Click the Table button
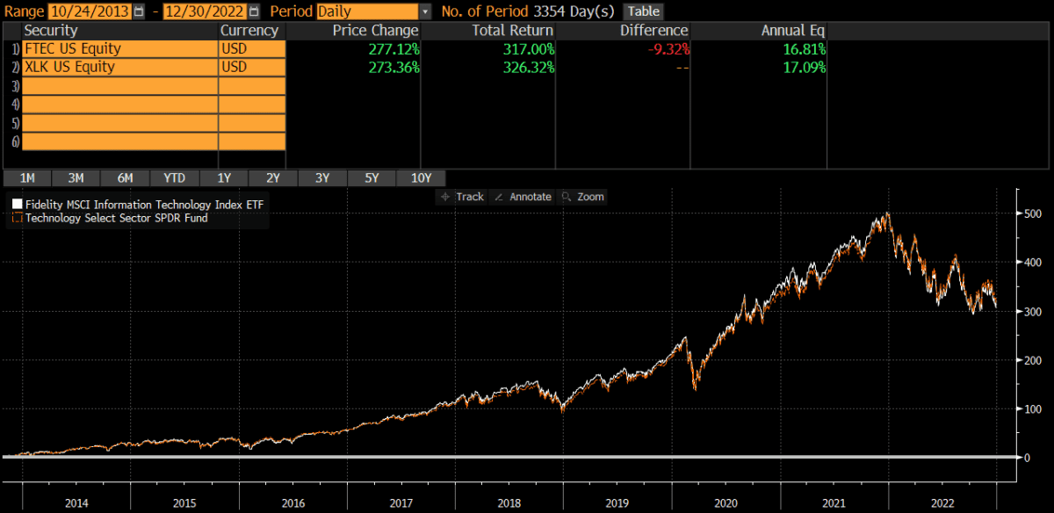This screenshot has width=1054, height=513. point(643,11)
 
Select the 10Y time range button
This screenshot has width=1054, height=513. point(422,177)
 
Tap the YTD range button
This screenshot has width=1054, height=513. point(175,177)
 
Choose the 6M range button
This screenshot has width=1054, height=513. point(126,177)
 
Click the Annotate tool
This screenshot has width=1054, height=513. point(523,197)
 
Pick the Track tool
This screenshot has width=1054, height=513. point(463,197)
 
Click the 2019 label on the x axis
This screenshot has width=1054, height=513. point(617,503)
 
